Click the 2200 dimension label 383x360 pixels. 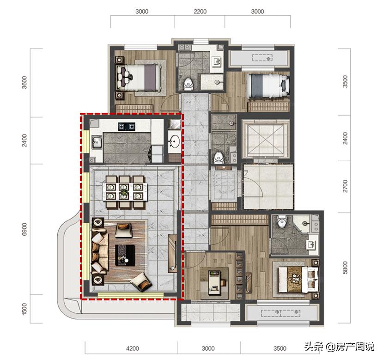point(200,12)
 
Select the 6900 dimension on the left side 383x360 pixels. point(24,229)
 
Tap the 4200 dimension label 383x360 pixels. point(133,348)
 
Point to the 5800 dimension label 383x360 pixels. point(345,268)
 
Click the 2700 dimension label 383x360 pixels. point(345,186)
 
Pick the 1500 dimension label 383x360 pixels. point(24,309)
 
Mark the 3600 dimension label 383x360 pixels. point(24,83)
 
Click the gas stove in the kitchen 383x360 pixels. point(127,126)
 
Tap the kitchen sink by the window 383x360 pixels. point(97,142)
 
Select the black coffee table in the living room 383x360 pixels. point(125,255)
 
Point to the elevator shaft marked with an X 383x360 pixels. point(266,139)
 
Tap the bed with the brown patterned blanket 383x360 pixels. point(298,279)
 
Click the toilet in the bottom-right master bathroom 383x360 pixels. point(282,221)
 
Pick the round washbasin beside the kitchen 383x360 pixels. point(175,141)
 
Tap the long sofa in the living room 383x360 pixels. point(99,253)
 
